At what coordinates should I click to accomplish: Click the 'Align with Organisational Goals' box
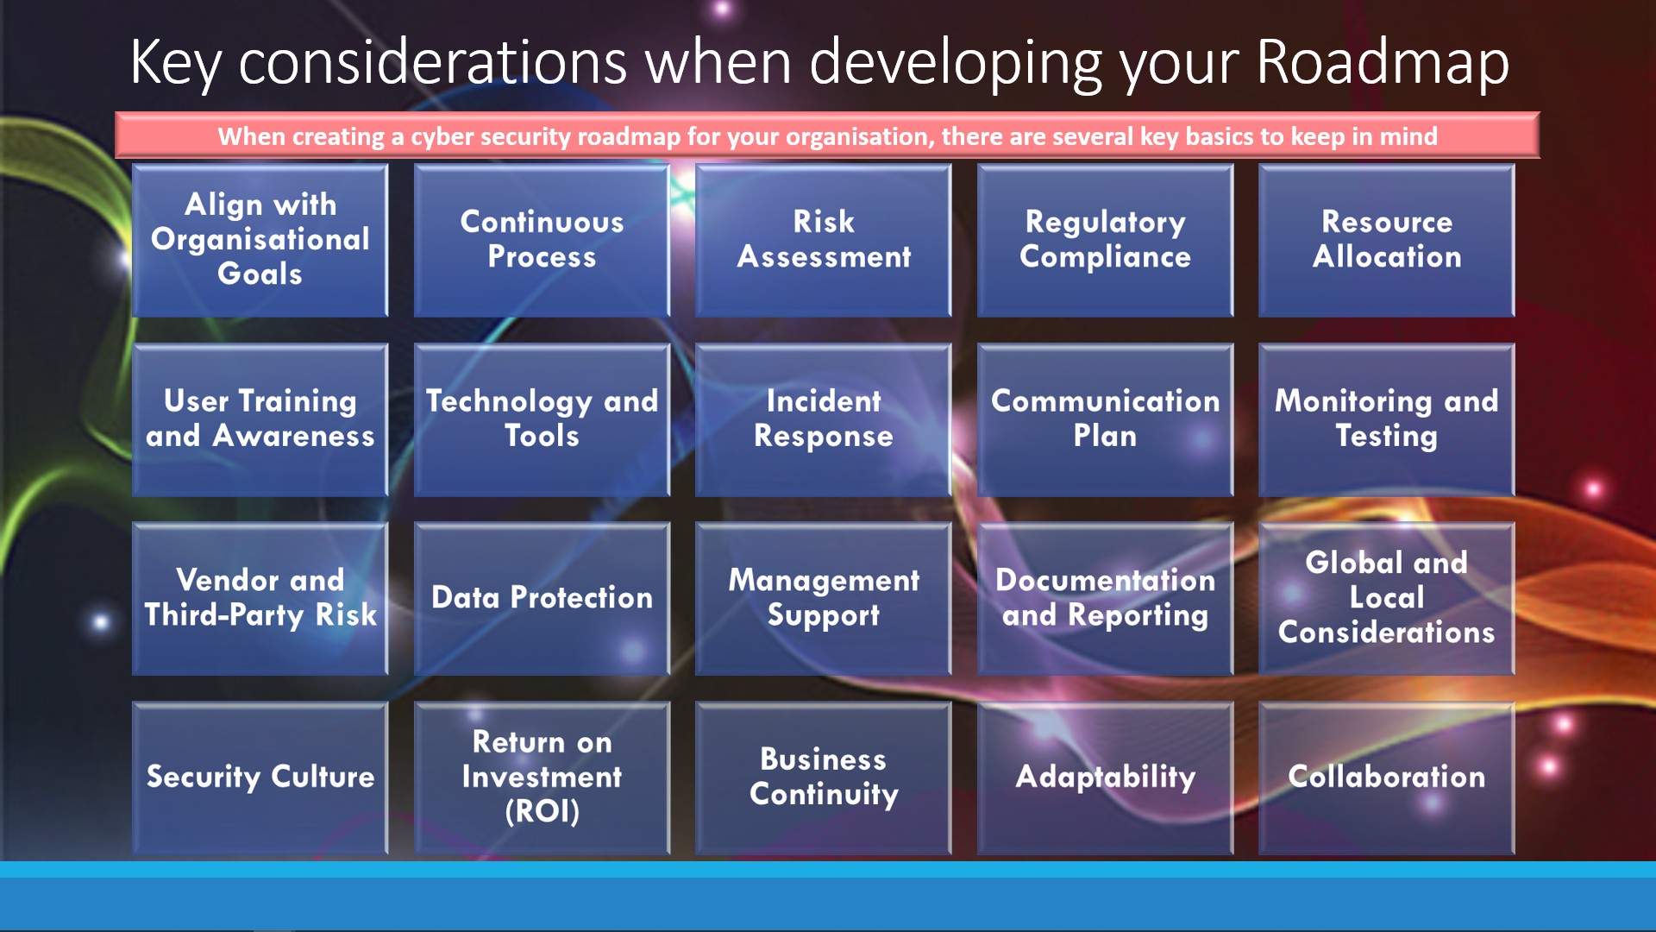coord(260,240)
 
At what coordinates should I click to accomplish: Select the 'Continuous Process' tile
coord(542,240)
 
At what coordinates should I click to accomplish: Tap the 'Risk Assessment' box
coord(824,240)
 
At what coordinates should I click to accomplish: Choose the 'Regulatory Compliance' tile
coord(1105,240)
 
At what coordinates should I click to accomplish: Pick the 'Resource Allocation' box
coord(1387,240)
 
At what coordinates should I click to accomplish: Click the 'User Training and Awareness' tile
coord(260,419)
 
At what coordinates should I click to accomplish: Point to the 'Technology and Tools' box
coord(542,419)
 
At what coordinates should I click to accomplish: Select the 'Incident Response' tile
coord(824,419)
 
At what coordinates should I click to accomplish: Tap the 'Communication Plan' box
coord(1105,419)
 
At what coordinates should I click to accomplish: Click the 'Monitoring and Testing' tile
coord(1387,419)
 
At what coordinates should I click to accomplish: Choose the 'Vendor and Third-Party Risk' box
coord(260,598)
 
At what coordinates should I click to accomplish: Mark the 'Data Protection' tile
coord(542,598)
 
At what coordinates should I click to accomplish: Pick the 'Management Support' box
coord(824,598)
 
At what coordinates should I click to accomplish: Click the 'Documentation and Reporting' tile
coord(1105,598)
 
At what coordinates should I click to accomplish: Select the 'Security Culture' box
coord(260,778)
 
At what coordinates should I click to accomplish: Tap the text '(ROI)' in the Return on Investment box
coord(542,812)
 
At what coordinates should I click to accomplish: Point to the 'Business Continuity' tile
coord(824,778)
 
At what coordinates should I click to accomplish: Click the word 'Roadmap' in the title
coord(1383,62)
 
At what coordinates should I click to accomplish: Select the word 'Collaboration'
coord(1387,777)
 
